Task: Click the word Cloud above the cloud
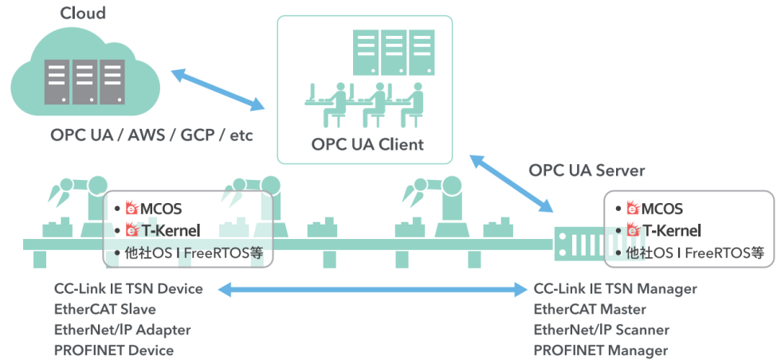(83, 14)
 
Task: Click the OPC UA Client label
(367, 145)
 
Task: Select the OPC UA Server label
(587, 170)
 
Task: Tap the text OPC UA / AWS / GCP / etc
(151, 135)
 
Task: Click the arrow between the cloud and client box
(218, 89)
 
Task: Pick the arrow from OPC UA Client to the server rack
(512, 183)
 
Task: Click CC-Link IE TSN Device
(128, 288)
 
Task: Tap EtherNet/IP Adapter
(122, 330)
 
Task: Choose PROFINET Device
(114, 350)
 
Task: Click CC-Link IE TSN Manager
(615, 288)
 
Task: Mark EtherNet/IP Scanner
(602, 330)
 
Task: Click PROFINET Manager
(601, 350)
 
